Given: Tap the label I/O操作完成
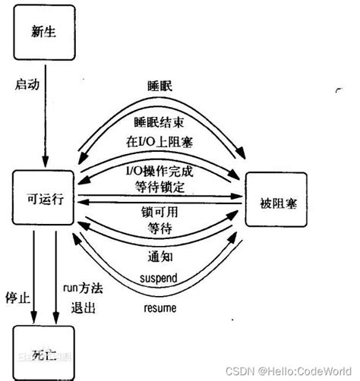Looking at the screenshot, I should (157, 171).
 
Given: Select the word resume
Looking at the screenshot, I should (159, 308).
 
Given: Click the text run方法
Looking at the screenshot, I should (81, 288).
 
